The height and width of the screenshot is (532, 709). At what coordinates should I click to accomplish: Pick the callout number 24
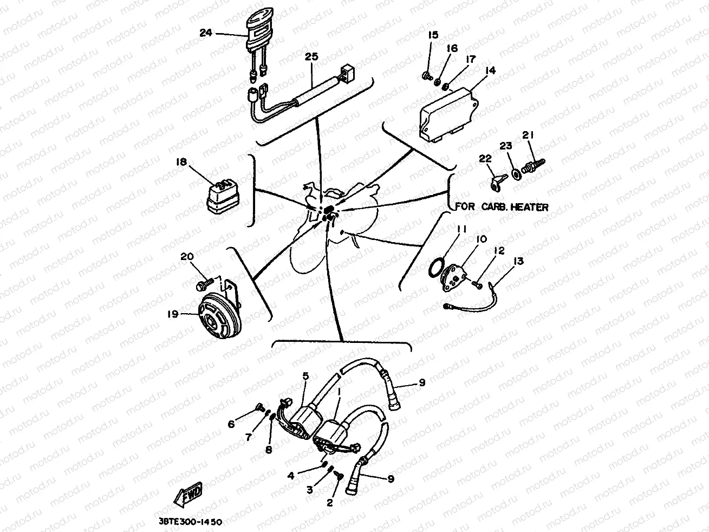[205, 33]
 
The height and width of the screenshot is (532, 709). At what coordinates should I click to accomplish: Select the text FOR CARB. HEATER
[502, 207]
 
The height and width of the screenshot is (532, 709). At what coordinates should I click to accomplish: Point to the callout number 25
[310, 57]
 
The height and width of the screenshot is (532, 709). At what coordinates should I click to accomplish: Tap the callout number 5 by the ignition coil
[305, 375]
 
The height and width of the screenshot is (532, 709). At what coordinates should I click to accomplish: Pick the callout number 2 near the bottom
[329, 502]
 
